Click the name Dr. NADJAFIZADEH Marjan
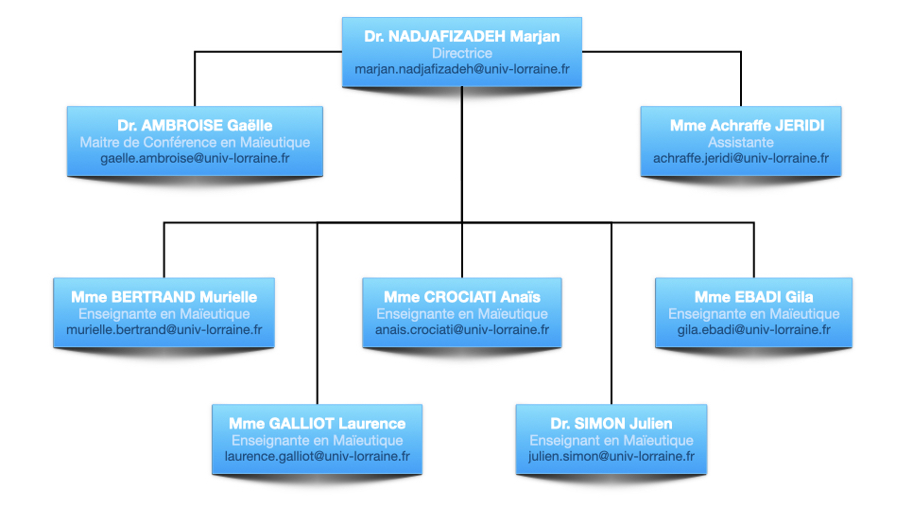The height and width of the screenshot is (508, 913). pos(461,37)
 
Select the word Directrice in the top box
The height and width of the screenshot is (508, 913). pos(461,54)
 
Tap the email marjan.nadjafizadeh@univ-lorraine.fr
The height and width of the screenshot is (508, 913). pos(461,70)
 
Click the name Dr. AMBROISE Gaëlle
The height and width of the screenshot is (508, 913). pos(195,126)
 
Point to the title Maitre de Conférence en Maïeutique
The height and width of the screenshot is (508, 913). pos(195,142)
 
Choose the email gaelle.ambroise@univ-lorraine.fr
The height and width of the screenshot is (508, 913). pos(195,158)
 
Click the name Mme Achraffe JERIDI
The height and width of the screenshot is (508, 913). pos(740,126)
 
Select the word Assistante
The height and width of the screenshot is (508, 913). pos(740,142)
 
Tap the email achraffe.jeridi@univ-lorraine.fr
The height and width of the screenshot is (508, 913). pos(740,158)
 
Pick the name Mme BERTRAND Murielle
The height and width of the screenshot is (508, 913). pos(164,297)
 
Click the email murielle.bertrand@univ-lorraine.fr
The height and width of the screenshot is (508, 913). pos(164,330)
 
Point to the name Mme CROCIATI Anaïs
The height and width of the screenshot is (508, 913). pos(461,297)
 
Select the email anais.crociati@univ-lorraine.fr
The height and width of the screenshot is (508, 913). pos(461,330)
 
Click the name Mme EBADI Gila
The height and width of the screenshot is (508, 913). pos(753,297)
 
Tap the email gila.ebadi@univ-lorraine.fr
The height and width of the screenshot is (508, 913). pos(753,330)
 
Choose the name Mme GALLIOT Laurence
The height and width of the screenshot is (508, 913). pos(317,424)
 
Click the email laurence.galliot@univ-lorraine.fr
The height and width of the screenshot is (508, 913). pos(317,457)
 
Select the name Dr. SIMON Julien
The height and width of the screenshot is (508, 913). pos(611,424)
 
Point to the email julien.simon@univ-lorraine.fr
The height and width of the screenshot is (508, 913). pos(611,457)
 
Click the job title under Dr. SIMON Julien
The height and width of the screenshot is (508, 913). pos(611,441)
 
